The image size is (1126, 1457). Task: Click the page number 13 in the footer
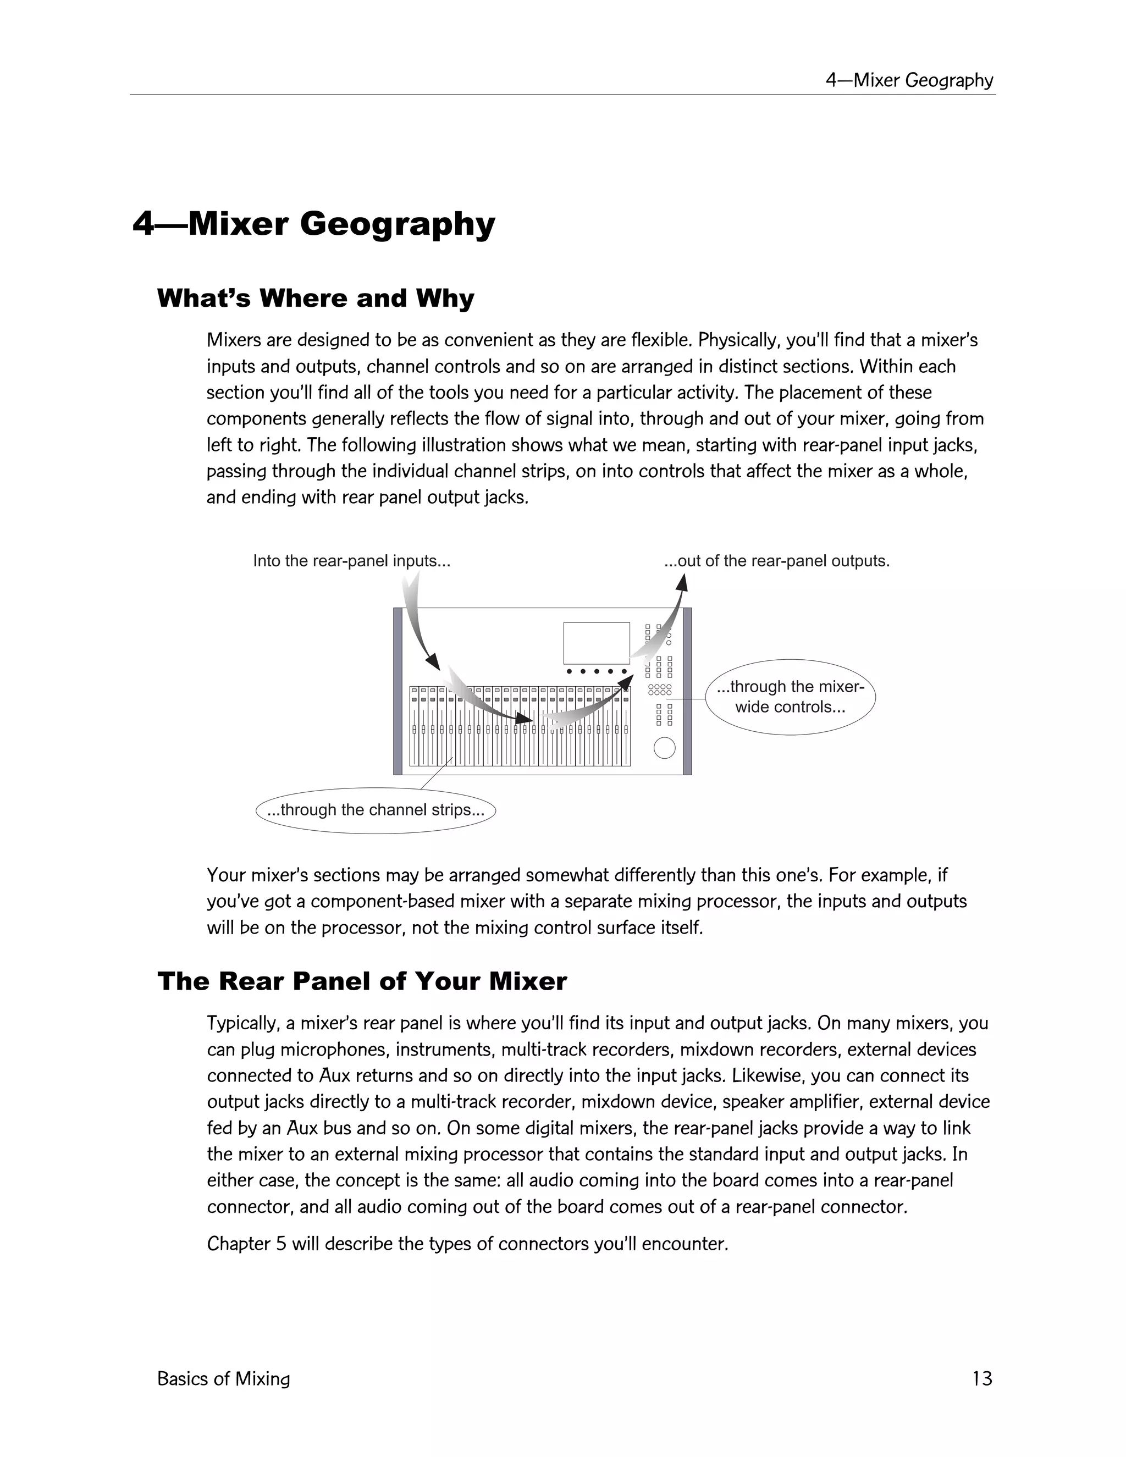(x=982, y=1378)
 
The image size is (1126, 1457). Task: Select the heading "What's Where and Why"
(x=316, y=298)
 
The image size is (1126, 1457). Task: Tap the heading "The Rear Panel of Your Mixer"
(x=362, y=981)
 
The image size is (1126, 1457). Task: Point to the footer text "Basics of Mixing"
(x=223, y=1379)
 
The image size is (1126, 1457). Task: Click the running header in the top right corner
(x=909, y=80)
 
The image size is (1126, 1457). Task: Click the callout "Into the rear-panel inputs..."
(x=351, y=561)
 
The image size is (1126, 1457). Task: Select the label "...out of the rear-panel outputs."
(x=776, y=561)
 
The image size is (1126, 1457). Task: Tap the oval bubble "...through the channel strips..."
(x=376, y=810)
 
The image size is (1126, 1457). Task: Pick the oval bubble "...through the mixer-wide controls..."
(x=790, y=697)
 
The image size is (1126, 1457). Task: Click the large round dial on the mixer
(x=664, y=747)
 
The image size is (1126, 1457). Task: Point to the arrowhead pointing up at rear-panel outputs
(x=681, y=583)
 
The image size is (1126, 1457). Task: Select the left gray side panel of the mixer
(x=398, y=691)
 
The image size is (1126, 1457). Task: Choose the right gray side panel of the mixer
(x=688, y=691)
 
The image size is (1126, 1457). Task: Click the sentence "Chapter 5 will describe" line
(x=467, y=1244)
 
